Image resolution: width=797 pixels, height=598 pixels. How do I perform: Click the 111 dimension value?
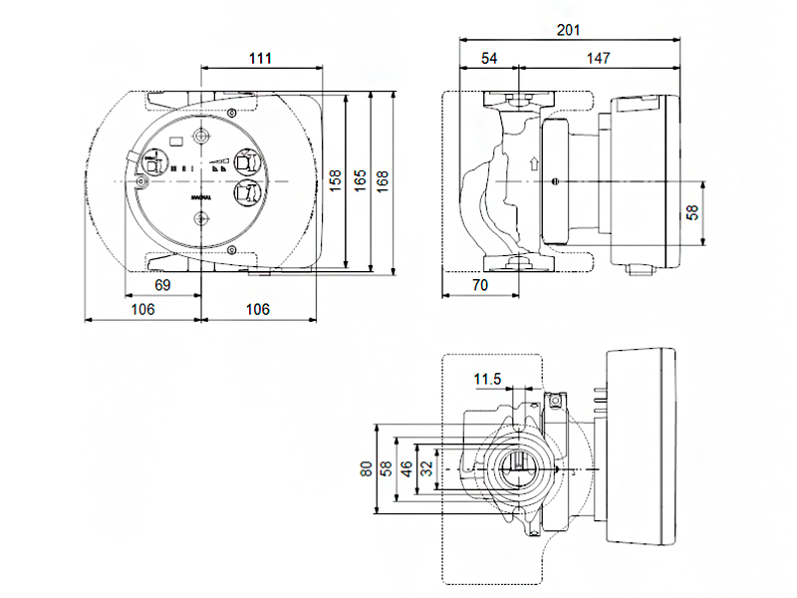tap(260, 58)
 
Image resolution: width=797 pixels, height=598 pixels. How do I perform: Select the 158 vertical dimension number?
tap(336, 179)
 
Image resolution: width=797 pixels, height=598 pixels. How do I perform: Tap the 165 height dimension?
tap(361, 179)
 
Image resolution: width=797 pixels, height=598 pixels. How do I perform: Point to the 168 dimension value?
tap(383, 179)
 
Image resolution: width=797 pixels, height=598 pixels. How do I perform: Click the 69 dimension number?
tap(163, 286)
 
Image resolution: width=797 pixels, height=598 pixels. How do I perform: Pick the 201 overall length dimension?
tap(568, 30)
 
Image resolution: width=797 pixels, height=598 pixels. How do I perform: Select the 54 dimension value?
tap(489, 59)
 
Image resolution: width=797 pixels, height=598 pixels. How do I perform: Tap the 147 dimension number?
tap(598, 59)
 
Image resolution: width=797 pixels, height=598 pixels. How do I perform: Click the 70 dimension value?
tap(479, 286)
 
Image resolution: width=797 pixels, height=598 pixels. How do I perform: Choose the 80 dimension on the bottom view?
tap(367, 468)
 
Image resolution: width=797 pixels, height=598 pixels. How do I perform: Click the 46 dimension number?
tap(406, 468)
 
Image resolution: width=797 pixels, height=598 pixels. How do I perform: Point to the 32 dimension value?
tap(425, 468)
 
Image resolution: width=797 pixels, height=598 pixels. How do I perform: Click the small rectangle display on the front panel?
tap(176, 142)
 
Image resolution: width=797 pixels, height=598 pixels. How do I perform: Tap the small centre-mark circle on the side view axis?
tap(555, 180)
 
